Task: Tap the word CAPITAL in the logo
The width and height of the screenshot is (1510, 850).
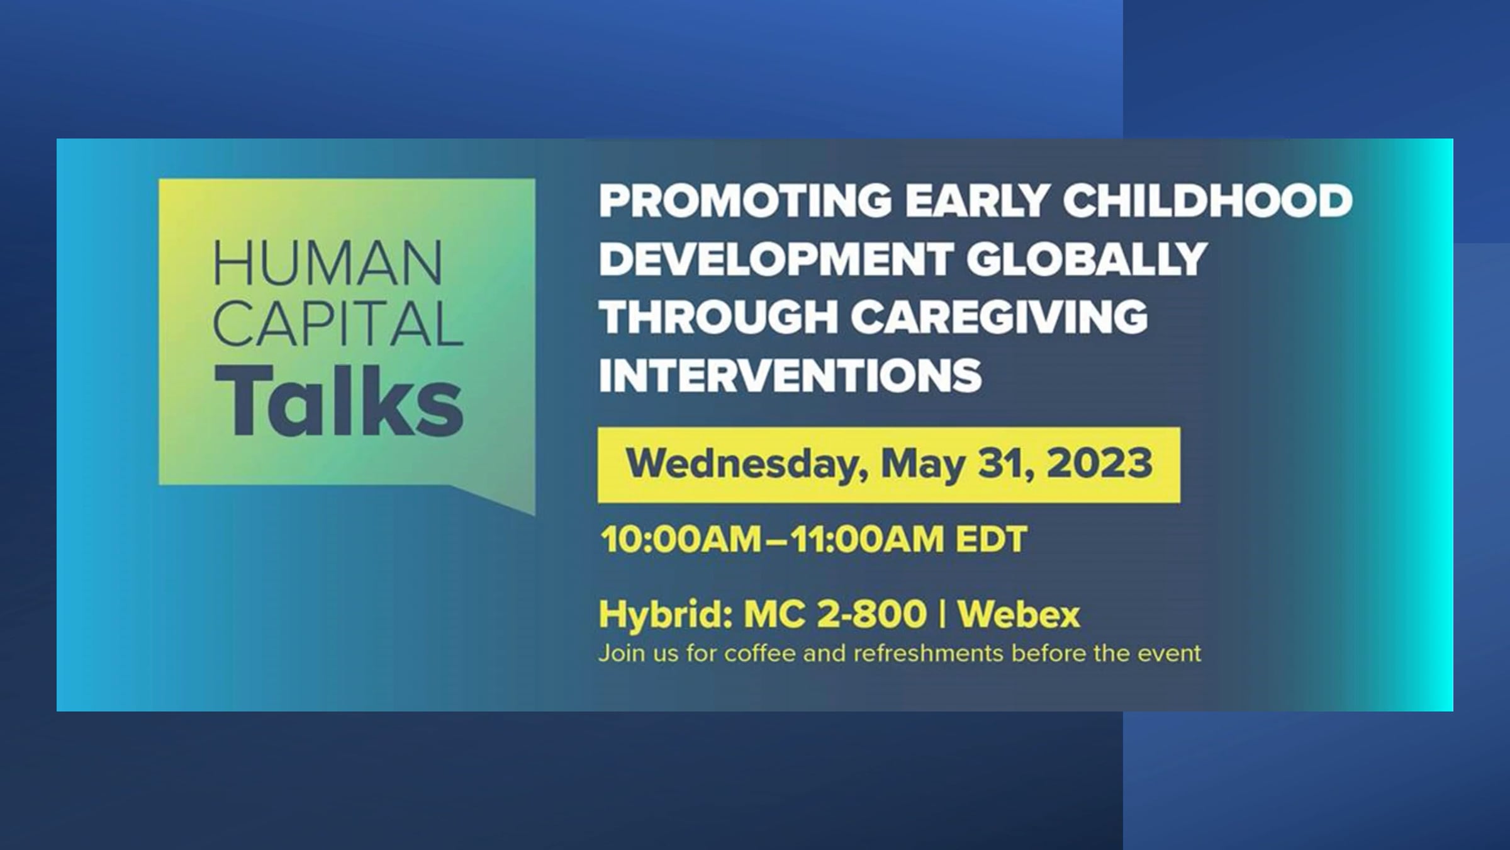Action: coord(339,324)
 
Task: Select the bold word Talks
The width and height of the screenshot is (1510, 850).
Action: coord(339,400)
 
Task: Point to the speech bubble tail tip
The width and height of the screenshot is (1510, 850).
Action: coord(534,514)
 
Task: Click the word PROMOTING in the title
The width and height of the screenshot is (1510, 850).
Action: coord(745,201)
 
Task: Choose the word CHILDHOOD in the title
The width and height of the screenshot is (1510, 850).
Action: coord(1207,201)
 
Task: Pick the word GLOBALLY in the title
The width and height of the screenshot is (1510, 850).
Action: coord(1087,259)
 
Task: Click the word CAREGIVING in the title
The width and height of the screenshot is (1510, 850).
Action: coord(1000,317)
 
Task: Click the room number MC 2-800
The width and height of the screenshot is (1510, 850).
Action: coord(835,614)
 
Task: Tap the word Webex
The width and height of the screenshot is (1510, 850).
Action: coord(1019,614)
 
